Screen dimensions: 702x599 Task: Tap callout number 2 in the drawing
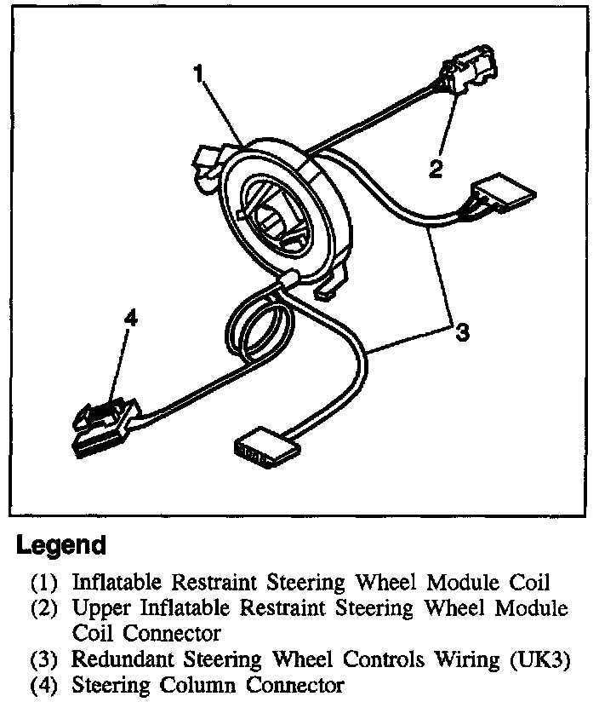[436, 169]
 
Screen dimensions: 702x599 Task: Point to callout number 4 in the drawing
[129, 319]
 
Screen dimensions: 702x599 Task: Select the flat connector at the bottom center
[265, 448]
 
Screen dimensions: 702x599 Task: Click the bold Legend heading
[62, 545]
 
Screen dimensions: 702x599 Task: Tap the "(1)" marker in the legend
[44, 584]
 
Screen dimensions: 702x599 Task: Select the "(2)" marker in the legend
[44, 609]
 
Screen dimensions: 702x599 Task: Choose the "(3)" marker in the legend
[44, 659]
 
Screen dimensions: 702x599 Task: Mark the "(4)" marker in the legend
[44, 685]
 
